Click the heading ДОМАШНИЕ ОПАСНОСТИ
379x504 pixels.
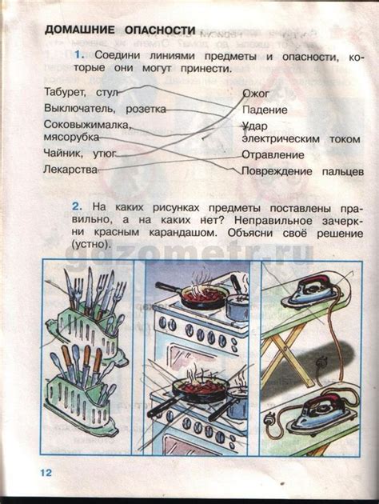point(120,30)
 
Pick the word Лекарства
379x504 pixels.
point(71,170)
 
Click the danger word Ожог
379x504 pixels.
point(256,94)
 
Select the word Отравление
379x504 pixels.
point(273,154)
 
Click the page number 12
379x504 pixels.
point(43,474)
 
